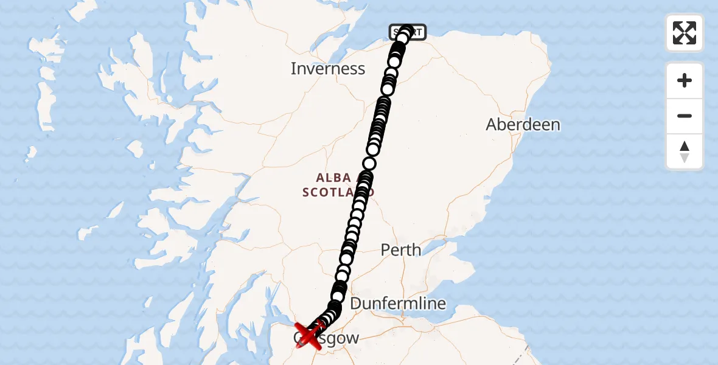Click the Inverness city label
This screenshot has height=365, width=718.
tap(328, 69)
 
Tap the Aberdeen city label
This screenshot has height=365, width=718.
tap(523, 125)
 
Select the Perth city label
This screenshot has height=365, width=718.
tap(400, 249)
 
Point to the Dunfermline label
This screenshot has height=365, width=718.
tap(398, 303)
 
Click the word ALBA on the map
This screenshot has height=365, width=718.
tap(333, 178)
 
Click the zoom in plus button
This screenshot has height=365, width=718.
tap(685, 80)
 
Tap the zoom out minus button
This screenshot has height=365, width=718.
tap(685, 116)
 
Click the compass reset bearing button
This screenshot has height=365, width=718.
tap(685, 151)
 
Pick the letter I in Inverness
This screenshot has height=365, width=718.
tap(293, 69)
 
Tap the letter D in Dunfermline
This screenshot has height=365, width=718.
tap(356, 303)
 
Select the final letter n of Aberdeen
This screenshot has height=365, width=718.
tap(555, 125)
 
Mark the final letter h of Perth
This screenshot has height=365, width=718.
tap(416, 249)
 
